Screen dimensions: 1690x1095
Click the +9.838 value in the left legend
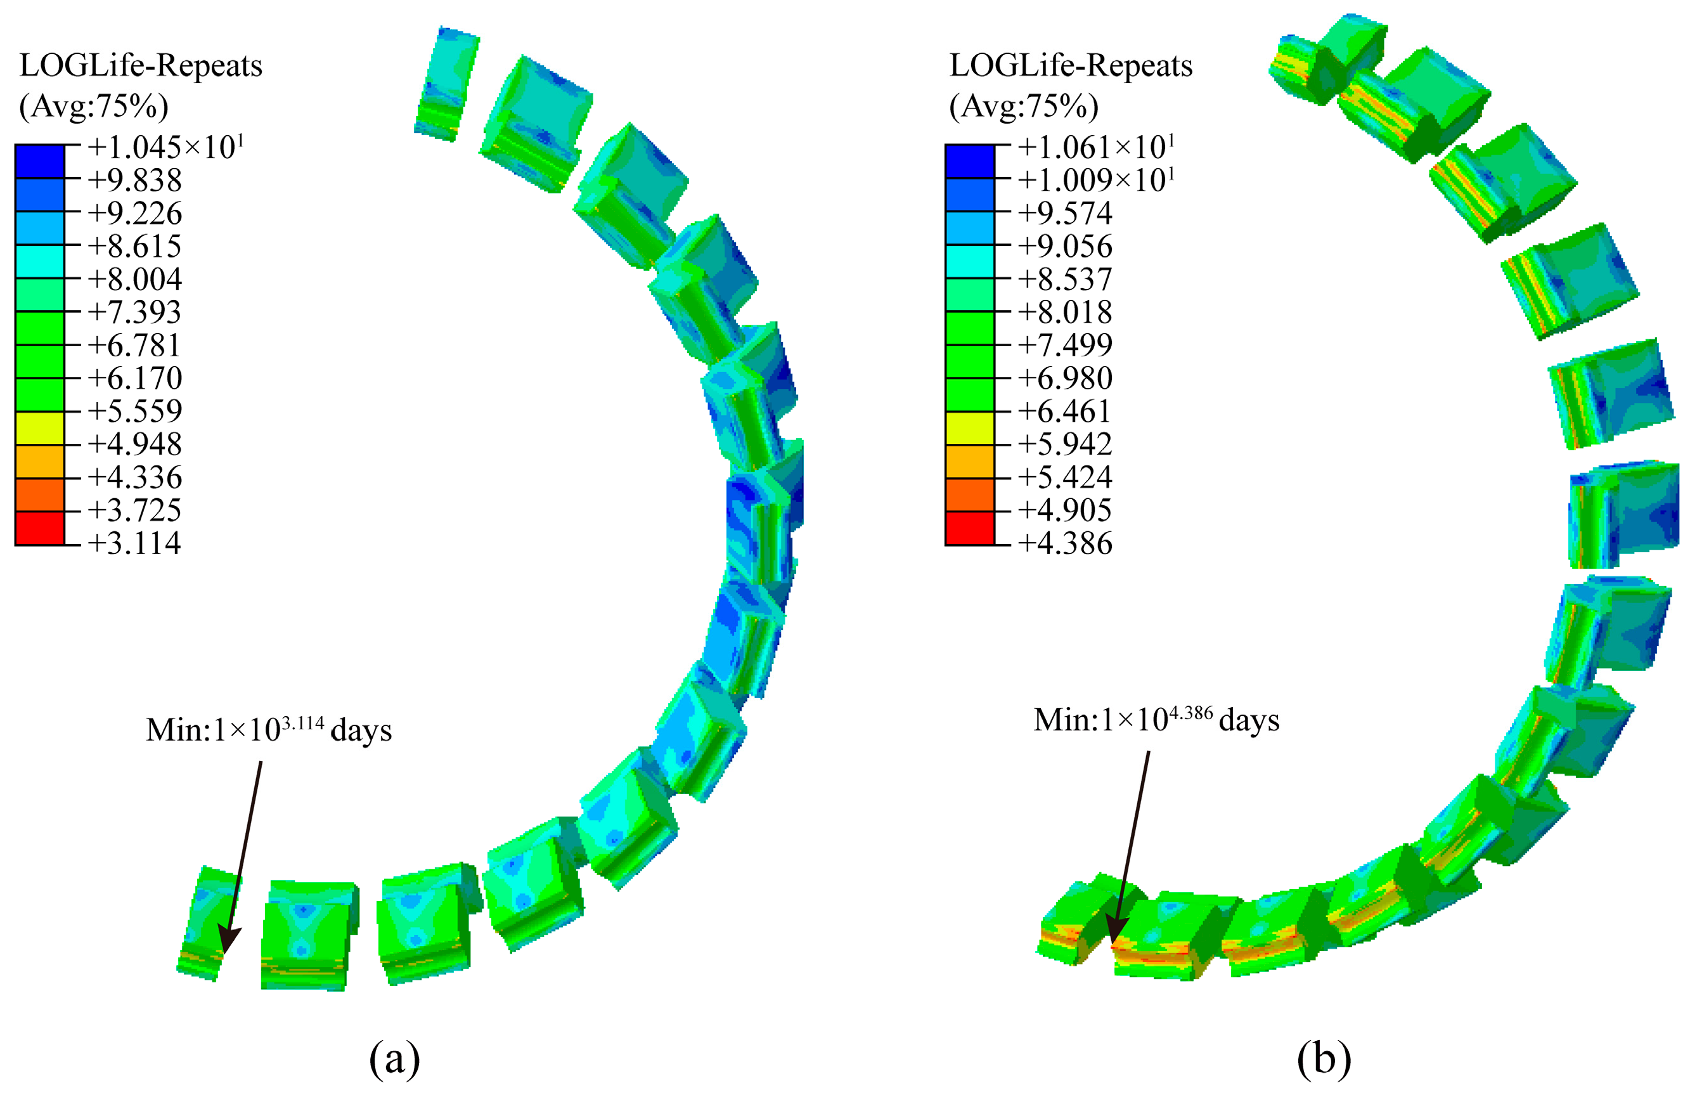(x=135, y=180)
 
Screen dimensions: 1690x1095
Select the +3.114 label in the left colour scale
(x=135, y=543)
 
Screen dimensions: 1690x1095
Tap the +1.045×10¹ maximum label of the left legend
(x=166, y=147)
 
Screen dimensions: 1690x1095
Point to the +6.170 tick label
(x=135, y=378)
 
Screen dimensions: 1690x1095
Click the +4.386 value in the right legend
(x=1065, y=543)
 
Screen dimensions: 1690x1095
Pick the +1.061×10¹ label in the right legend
(x=1097, y=147)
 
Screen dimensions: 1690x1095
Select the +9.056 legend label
(x=1065, y=247)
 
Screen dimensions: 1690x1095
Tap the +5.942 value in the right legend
(x=1065, y=444)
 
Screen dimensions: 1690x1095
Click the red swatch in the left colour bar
(x=40, y=528)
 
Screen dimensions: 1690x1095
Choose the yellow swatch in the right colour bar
(x=970, y=428)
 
